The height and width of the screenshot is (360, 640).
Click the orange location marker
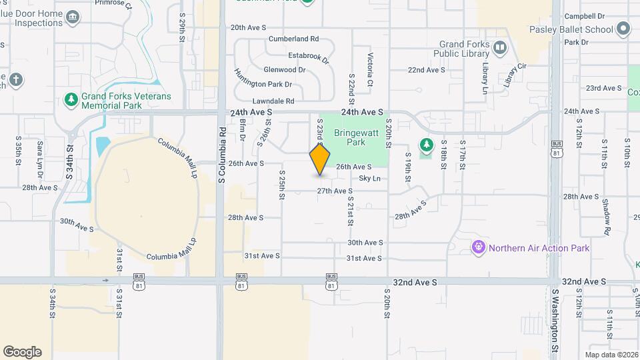[320, 159]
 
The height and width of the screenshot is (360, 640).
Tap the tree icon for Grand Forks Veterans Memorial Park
[71, 100]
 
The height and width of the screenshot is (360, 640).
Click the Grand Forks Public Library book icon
[501, 47]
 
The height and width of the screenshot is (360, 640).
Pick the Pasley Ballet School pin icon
[623, 29]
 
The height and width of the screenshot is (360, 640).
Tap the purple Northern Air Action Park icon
[478, 248]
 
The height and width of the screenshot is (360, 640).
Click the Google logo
[22, 352]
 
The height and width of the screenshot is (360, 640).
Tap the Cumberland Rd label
[293, 39]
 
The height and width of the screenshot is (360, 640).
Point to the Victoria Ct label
[369, 64]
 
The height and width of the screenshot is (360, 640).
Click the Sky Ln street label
[370, 178]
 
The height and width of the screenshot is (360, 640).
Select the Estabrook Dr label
[308, 57]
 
